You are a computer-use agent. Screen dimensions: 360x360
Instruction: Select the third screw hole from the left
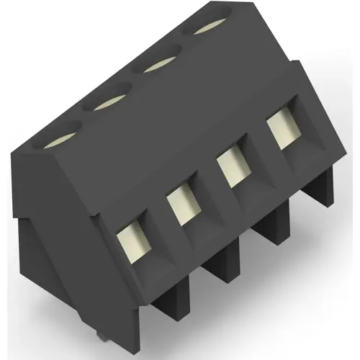click(x=161, y=66)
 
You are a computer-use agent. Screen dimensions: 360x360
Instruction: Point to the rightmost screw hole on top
click(x=211, y=29)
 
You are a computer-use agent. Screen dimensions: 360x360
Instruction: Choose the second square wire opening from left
click(x=181, y=206)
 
